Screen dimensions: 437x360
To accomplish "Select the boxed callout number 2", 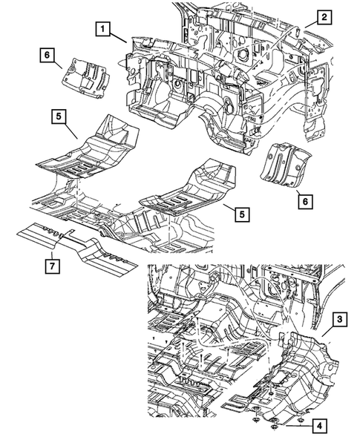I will click(324, 17).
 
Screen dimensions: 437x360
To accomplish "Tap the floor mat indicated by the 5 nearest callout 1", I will click(89, 152).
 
